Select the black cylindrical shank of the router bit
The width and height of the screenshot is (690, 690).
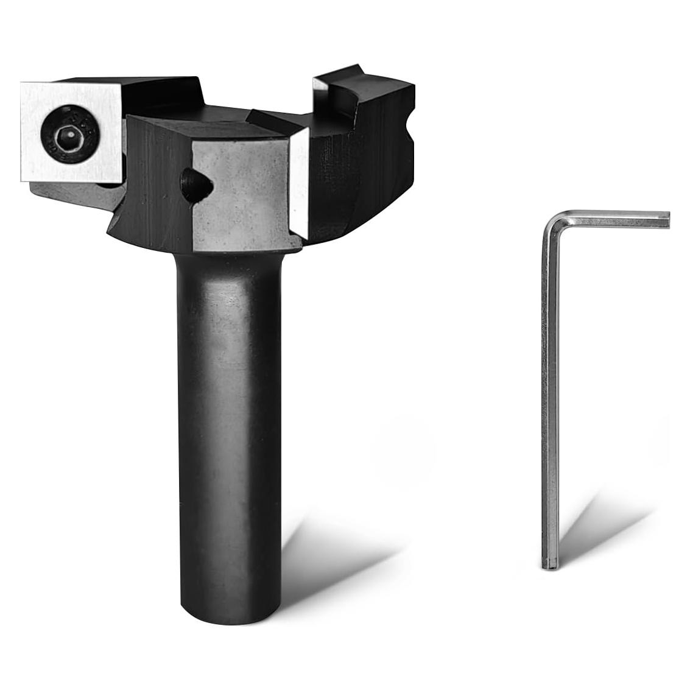(228, 426)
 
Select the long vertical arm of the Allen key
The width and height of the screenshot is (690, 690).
(550, 396)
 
